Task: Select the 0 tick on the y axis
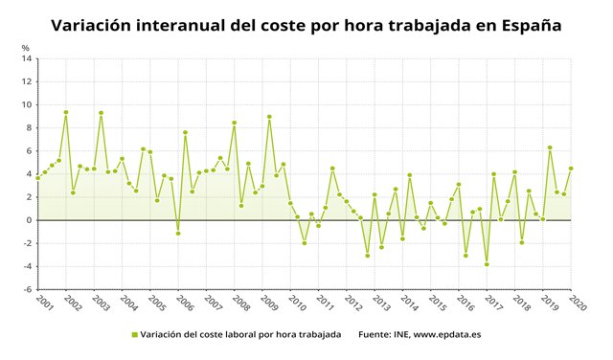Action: pos(29,220)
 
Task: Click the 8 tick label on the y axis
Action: pos(29,127)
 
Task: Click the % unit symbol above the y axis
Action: pos(26,47)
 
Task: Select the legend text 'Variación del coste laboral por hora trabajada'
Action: pos(239,335)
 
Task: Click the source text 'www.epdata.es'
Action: pos(446,335)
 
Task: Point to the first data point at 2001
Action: pos(37,177)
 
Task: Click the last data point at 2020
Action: pos(571,169)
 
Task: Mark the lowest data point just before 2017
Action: pos(487,264)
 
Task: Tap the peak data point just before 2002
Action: pos(66,112)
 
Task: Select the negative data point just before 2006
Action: pos(178,234)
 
